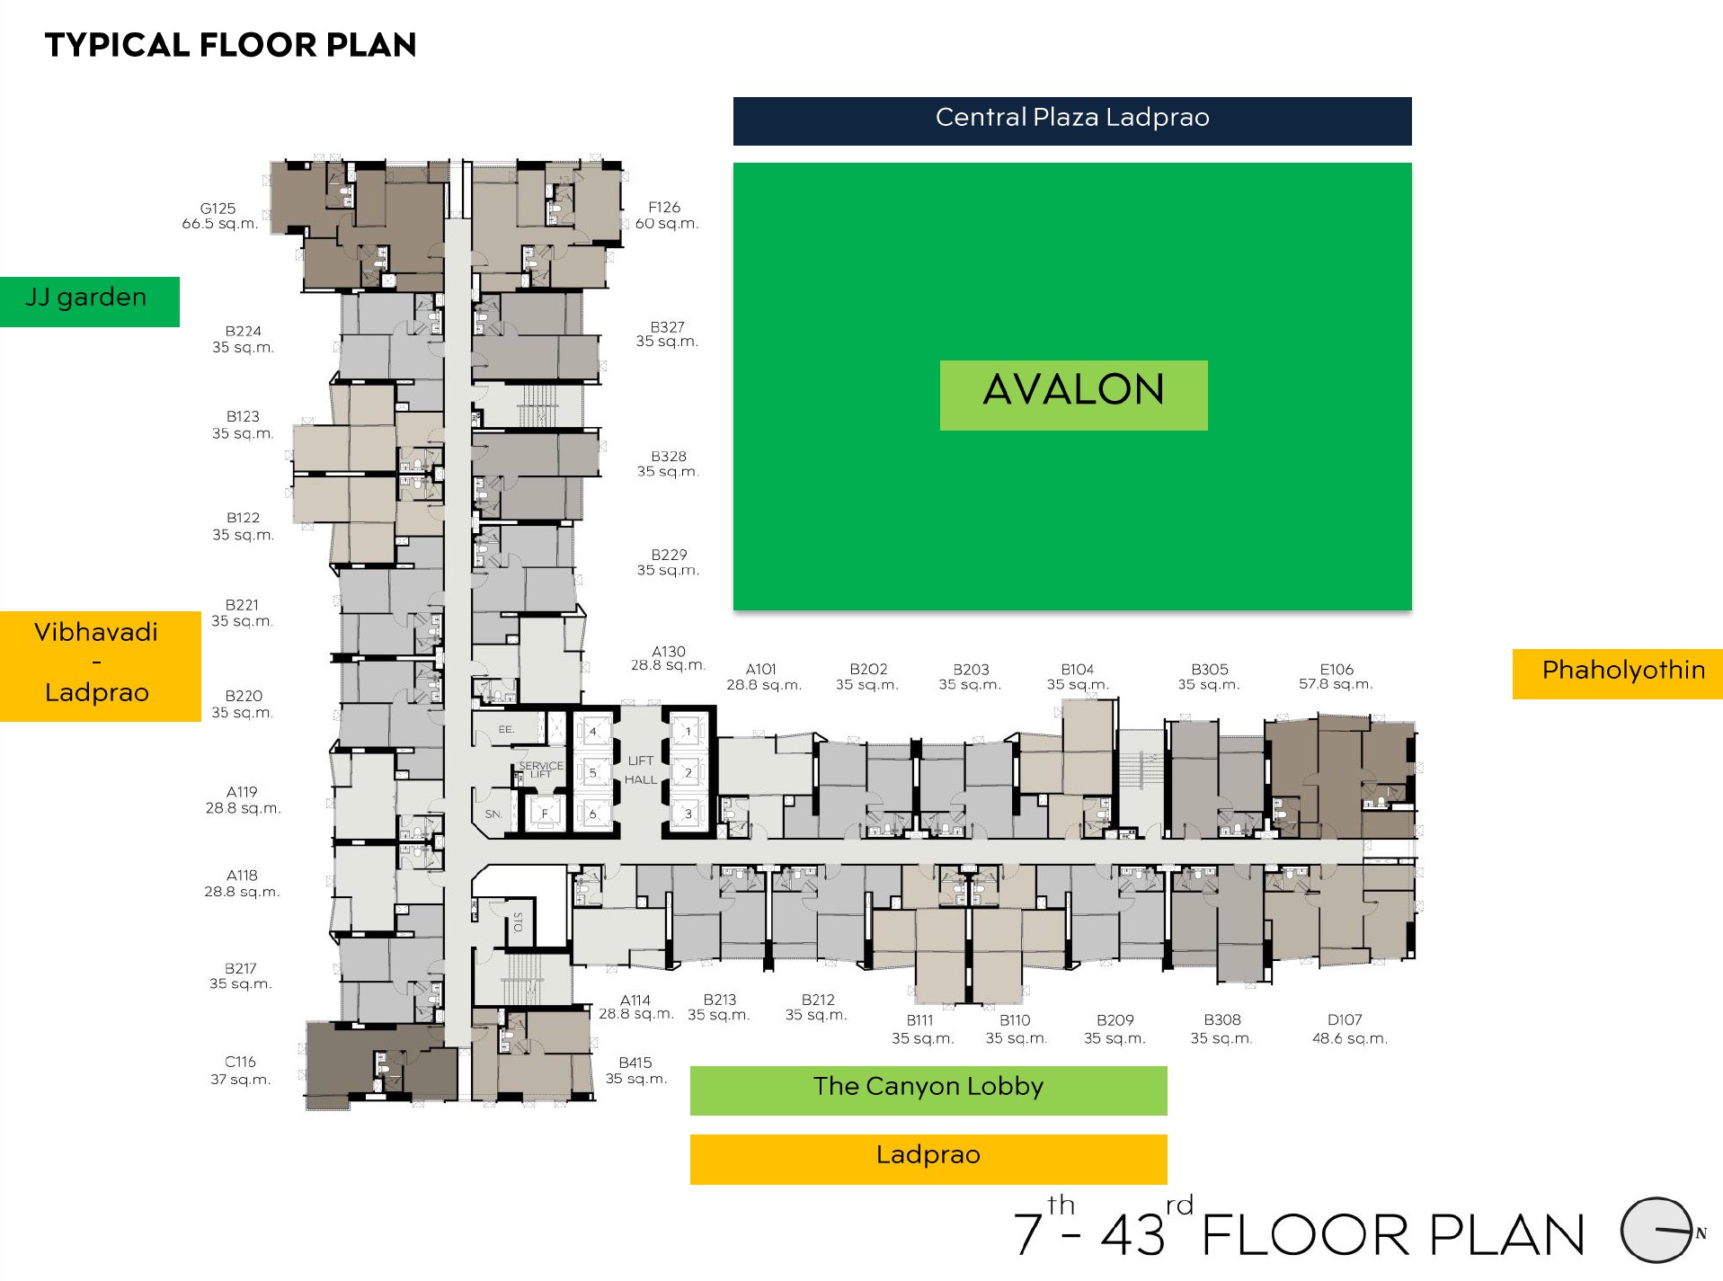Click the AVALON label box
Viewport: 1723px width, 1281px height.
[x=1073, y=395]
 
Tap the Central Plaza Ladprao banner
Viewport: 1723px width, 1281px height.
[x=1072, y=120]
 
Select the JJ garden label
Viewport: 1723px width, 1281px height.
[x=89, y=301]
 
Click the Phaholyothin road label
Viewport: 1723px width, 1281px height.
[x=1618, y=673]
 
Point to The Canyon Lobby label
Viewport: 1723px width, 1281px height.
[x=928, y=1090]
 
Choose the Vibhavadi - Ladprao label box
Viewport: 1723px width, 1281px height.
[x=100, y=666]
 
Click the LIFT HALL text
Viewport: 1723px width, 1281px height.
[x=640, y=770]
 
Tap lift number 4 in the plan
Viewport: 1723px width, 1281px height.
[x=592, y=732]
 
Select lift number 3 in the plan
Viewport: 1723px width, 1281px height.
[x=688, y=814]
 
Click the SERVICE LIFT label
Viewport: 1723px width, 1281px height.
[x=541, y=769]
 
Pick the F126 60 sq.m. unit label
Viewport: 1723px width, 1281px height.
[x=666, y=215]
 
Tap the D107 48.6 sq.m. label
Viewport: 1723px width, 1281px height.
[x=1349, y=1028]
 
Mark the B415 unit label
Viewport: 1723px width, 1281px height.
[x=635, y=1070]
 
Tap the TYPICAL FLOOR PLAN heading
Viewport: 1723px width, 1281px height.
[x=230, y=45]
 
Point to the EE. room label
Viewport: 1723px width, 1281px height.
[x=506, y=729]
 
